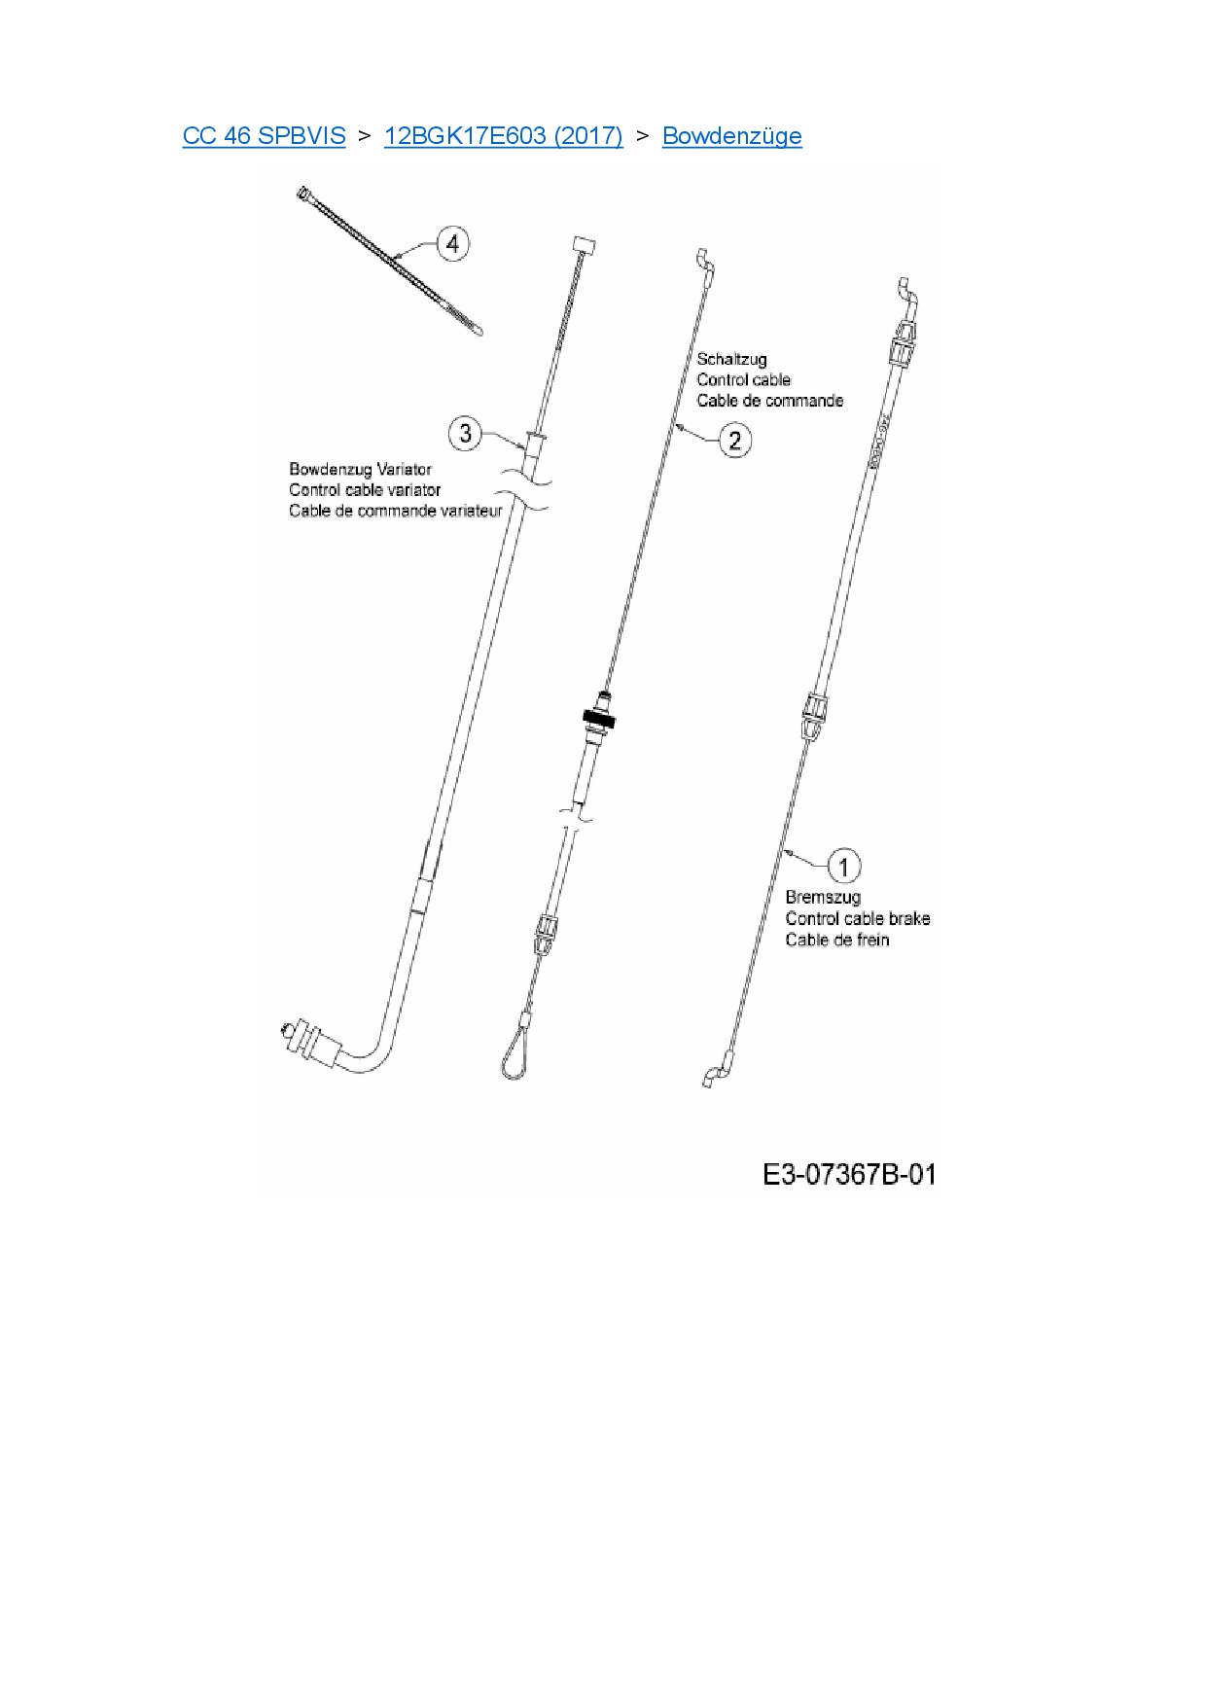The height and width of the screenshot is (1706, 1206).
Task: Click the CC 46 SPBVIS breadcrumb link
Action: (x=264, y=136)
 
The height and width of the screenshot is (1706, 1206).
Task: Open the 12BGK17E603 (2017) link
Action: (x=503, y=136)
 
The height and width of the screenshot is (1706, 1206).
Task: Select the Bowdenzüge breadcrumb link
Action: (x=731, y=136)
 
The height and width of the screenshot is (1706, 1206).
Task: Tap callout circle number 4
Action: (x=452, y=243)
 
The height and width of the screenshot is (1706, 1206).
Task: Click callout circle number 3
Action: (x=465, y=433)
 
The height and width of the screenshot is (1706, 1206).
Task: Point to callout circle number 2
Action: (x=734, y=441)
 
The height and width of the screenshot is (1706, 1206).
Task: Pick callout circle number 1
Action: (x=843, y=866)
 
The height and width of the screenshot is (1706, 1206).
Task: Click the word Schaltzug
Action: (x=731, y=359)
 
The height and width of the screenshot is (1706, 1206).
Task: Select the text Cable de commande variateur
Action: (x=395, y=511)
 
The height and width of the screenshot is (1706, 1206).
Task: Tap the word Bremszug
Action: (x=823, y=897)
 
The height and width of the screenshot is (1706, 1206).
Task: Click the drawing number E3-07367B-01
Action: (x=849, y=1174)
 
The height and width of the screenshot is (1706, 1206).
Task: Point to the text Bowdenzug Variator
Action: (x=360, y=469)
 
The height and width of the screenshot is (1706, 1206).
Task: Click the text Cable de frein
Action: (x=836, y=940)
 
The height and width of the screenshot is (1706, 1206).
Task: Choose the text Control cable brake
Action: (x=857, y=918)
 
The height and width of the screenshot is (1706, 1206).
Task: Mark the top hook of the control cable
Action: (x=705, y=261)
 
